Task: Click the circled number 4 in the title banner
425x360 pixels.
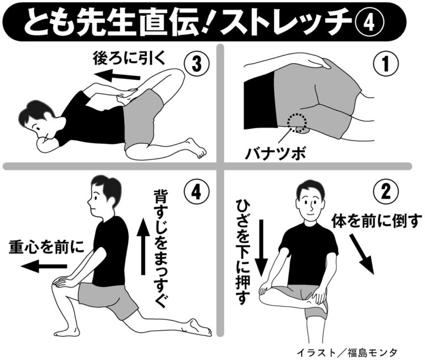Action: click(369, 22)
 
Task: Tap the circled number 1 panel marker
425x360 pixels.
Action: click(385, 64)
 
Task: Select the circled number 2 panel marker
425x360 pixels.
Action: click(386, 191)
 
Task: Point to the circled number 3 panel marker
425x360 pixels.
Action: click(197, 64)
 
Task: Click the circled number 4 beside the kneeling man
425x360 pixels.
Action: click(197, 191)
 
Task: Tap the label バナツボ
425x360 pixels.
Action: click(275, 153)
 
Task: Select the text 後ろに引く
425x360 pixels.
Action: click(129, 58)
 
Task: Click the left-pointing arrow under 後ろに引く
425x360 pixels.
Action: click(117, 75)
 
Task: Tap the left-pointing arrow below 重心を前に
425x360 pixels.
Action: click(44, 267)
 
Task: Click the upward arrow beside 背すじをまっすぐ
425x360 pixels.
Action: click(143, 246)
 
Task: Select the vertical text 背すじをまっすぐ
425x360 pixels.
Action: click(161, 248)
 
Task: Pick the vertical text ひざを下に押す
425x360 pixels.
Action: click(243, 252)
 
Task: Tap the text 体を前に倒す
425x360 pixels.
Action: click(377, 220)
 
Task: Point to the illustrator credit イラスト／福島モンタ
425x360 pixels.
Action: click(347, 353)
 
